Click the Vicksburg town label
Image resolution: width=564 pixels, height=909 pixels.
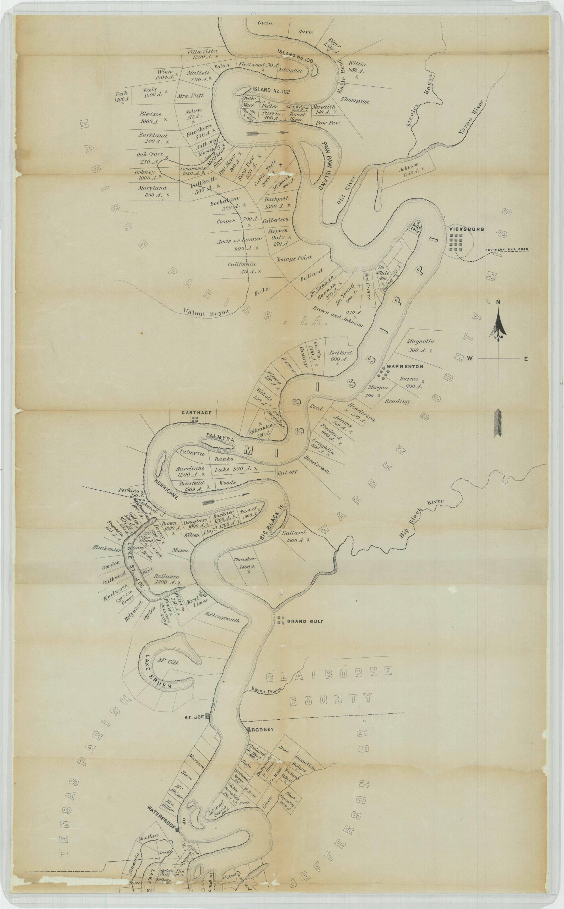tap(467, 229)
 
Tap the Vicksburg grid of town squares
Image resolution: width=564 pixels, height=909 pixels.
tap(456, 244)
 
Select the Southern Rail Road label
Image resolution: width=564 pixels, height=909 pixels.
tap(508, 250)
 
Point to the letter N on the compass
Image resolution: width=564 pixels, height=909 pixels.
tap(498, 301)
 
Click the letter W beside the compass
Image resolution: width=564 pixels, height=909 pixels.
tap(470, 359)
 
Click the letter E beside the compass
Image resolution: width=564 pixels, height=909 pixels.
tap(526, 359)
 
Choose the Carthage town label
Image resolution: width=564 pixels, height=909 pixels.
tap(197, 413)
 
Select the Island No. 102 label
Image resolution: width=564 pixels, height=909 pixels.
tap(271, 90)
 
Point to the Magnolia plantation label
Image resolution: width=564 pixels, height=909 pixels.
tap(420, 341)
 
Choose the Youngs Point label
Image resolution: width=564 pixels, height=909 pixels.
tap(294, 258)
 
